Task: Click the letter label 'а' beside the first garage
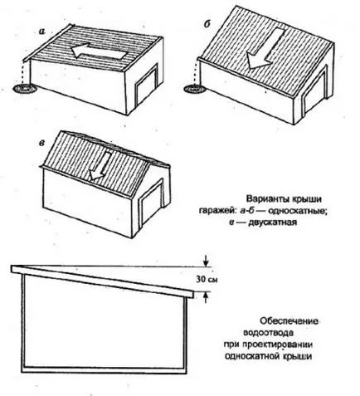[x=42, y=32]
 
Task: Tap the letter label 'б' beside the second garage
[x=207, y=24]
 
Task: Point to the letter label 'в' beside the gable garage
[x=41, y=143]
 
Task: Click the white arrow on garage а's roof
[x=99, y=51]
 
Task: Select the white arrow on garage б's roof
[x=265, y=48]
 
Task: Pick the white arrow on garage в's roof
[x=99, y=166]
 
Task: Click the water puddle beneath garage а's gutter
[x=25, y=89]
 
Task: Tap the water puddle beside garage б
[x=195, y=89]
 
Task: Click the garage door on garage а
[x=147, y=85]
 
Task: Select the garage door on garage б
[x=315, y=90]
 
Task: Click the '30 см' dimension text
[x=207, y=280]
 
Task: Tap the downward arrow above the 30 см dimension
[x=205, y=261]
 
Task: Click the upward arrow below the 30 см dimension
[x=205, y=297]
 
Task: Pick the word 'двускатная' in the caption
[x=273, y=222]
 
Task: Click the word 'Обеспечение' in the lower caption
[x=289, y=321]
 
